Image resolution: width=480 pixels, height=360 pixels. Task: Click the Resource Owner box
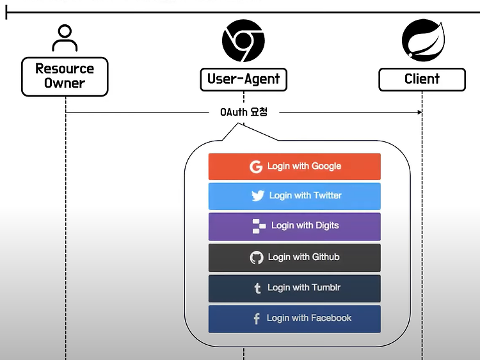[65, 77]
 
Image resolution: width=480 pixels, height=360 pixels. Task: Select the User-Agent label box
[244, 79]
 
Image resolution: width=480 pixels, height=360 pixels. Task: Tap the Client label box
[422, 79]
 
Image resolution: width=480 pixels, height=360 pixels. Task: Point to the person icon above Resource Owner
[65, 38]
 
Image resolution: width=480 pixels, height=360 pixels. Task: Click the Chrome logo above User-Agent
[243, 41]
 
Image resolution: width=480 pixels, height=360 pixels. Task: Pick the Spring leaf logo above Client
[424, 40]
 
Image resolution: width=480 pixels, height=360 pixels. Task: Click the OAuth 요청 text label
[244, 112]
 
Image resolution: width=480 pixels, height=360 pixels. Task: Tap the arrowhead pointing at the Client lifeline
[420, 113]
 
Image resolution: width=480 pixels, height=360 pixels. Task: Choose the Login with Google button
[294, 166]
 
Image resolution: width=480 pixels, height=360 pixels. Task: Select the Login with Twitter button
[294, 196]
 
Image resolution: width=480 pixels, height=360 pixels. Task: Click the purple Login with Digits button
[294, 226]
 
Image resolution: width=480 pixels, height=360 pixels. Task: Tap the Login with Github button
[294, 258]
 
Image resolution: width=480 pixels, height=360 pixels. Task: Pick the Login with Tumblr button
[294, 288]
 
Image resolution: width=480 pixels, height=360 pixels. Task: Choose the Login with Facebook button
[294, 318]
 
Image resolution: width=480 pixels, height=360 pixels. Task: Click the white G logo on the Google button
[256, 167]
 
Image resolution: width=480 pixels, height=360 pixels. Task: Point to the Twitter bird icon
[258, 196]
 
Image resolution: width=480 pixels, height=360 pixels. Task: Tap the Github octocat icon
[257, 258]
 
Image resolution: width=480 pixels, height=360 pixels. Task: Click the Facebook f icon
[257, 318]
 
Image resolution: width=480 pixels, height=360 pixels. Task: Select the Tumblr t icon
[257, 288]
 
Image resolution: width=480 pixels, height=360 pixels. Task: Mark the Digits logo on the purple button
[259, 226]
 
